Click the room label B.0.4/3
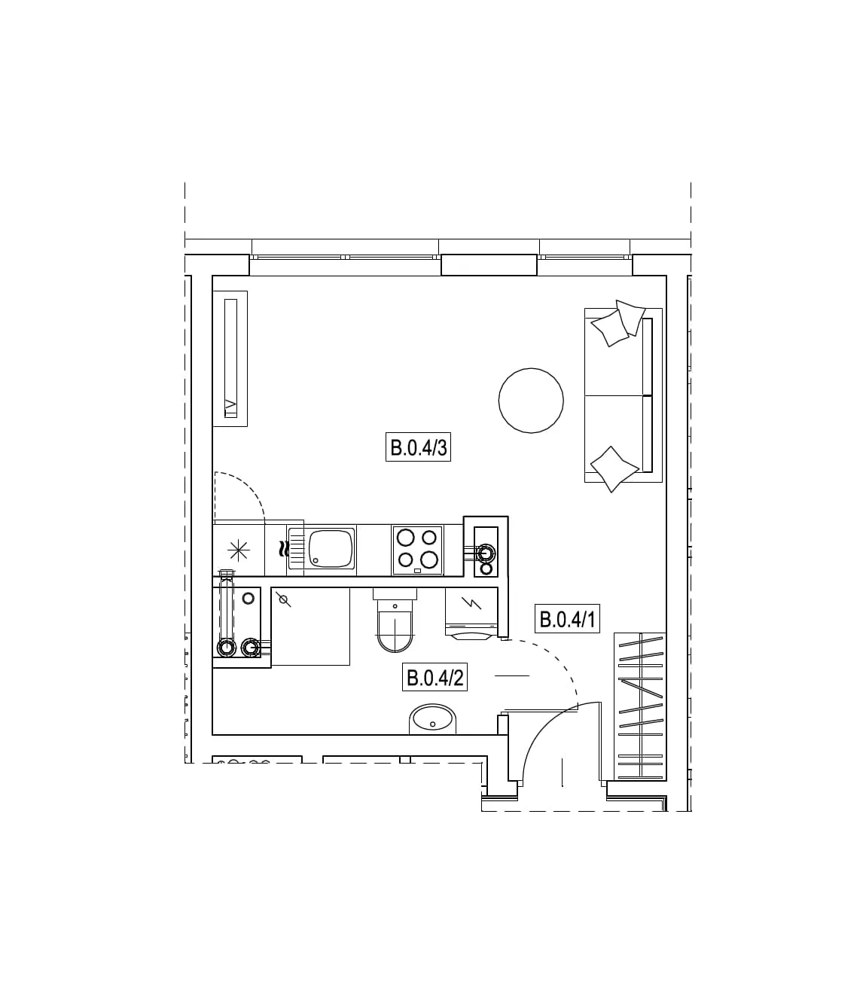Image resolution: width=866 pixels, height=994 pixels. (418, 447)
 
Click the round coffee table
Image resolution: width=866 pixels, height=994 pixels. (531, 401)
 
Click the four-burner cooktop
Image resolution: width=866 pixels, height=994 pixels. (417, 550)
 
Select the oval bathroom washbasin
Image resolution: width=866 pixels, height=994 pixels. (433, 719)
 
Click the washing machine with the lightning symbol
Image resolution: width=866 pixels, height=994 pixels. (471, 613)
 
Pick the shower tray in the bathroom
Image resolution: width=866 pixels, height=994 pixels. (310, 627)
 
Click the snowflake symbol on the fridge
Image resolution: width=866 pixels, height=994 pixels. (239, 550)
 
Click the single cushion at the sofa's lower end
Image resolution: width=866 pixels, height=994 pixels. (614, 469)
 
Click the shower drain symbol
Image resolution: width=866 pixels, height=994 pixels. (283, 601)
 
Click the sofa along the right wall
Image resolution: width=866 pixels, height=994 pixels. (624, 395)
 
